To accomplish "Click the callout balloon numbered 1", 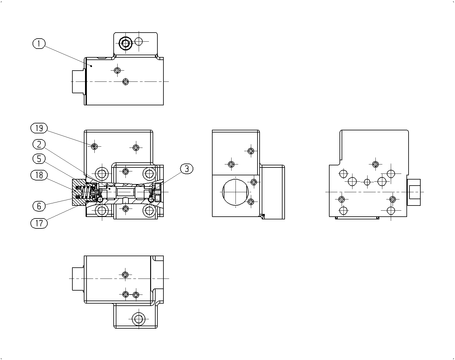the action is (x=39, y=43).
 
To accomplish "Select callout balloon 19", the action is (x=39, y=128).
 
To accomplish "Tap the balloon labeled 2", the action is (x=39, y=144).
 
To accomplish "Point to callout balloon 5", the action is (x=39, y=158).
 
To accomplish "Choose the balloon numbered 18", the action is (x=39, y=175).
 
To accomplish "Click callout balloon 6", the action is (x=39, y=206).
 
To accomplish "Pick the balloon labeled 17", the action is (x=39, y=223).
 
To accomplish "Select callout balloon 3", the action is (x=187, y=169).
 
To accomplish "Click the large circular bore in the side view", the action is (x=235, y=192).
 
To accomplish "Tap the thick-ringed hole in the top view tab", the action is (x=126, y=43).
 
